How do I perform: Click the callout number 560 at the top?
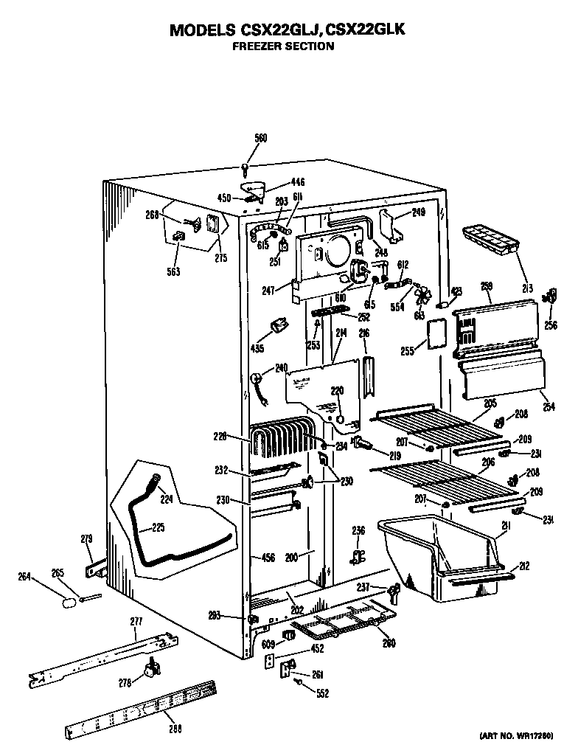260,138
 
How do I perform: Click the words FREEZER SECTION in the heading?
283,46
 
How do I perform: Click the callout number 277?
136,622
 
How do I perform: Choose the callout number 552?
323,693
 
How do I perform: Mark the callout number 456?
268,558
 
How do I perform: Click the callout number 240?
281,368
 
